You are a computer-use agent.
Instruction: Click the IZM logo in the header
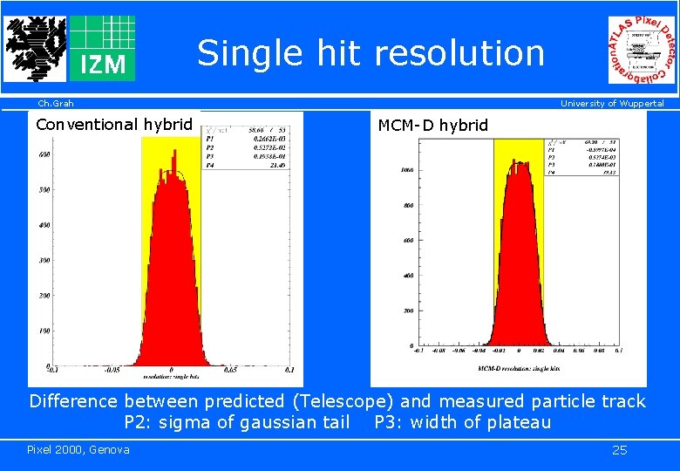(102, 48)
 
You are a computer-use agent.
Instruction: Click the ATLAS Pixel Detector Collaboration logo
(642, 51)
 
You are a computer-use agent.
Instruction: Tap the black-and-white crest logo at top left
(34, 48)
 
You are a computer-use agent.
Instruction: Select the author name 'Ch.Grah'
(51, 104)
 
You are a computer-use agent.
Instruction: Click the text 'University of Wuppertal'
(612, 104)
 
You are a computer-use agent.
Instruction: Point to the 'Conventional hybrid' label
(113, 125)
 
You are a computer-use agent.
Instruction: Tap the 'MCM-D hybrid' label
(433, 126)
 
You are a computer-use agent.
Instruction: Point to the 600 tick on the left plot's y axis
(44, 154)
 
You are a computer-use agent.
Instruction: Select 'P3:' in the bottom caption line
(388, 423)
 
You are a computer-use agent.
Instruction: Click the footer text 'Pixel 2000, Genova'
(78, 449)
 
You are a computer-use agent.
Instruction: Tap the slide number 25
(619, 450)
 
